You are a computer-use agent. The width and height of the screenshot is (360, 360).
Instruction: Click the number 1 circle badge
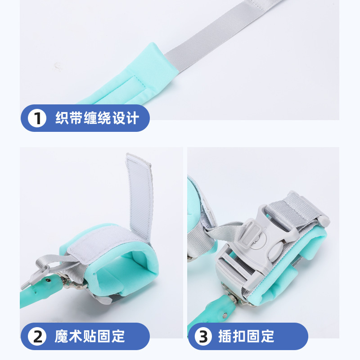click(37, 118)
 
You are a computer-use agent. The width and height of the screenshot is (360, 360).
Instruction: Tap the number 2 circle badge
click(37, 336)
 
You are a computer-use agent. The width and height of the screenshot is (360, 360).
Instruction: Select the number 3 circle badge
click(203, 336)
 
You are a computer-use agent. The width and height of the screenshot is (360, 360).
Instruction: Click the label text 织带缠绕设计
click(97, 118)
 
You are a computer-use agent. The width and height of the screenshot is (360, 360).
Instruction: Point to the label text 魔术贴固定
click(90, 336)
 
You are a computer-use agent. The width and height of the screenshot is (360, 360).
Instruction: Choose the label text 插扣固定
click(246, 336)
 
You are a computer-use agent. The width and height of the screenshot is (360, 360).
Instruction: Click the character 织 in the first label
click(62, 118)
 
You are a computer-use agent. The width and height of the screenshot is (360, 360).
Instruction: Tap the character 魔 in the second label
click(62, 336)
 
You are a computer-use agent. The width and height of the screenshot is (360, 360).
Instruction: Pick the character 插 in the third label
click(225, 336)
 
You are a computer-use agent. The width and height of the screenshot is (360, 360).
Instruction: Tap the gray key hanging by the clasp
click(35, 278)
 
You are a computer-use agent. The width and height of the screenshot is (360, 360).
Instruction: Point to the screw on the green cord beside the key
click(48, 280)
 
